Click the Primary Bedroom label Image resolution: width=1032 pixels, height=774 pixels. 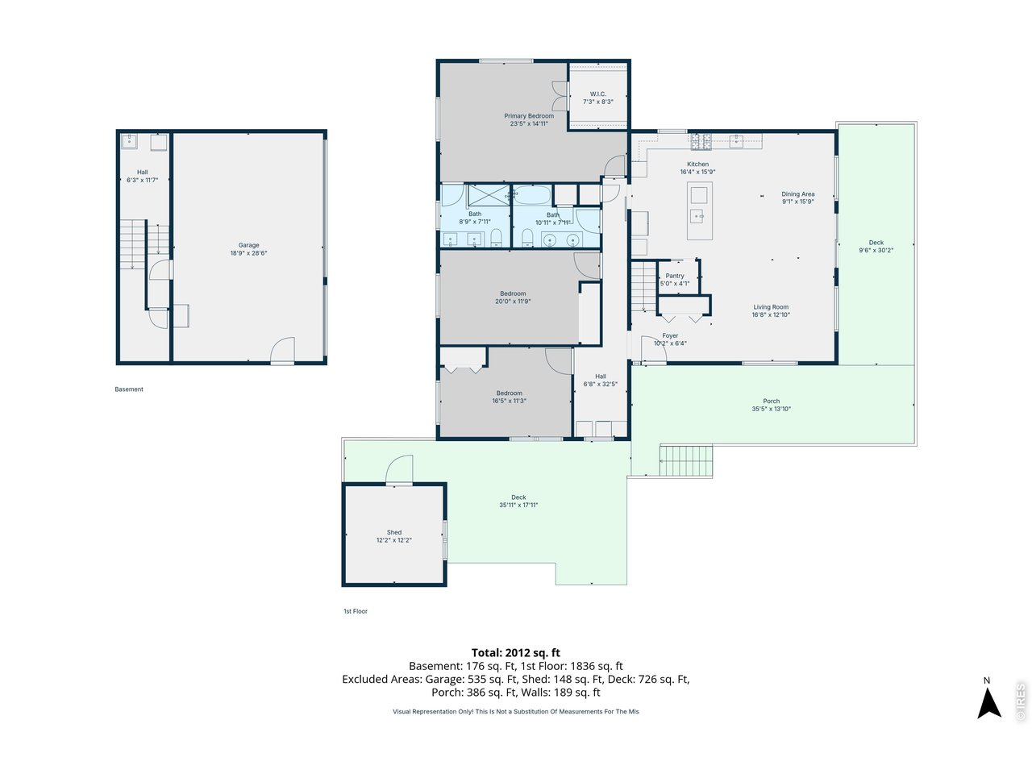529,116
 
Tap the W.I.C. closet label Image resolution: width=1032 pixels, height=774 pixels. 597,94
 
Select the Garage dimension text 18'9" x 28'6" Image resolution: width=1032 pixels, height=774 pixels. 248,253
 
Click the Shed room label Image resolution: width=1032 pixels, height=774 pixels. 393,532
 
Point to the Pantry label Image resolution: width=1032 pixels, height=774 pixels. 675,276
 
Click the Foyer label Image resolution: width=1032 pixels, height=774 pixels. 670,335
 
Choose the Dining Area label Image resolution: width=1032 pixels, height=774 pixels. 797,194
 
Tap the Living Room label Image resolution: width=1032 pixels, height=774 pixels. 771,307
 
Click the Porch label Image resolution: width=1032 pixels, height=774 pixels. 772,401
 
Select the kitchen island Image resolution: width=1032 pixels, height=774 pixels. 699,210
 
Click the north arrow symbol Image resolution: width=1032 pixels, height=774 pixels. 988,700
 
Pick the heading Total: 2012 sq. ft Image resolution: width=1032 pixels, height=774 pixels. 515,653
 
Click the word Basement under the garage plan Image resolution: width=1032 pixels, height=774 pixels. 129,389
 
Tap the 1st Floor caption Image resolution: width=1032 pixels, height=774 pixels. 356,611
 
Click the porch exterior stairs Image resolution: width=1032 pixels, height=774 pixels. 686,460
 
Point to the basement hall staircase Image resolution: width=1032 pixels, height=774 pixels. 132,244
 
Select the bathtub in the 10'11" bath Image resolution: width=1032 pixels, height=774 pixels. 533,194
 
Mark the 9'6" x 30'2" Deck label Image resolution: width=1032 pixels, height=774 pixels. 876,243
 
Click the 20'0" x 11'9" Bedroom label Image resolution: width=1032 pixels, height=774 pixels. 513,294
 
